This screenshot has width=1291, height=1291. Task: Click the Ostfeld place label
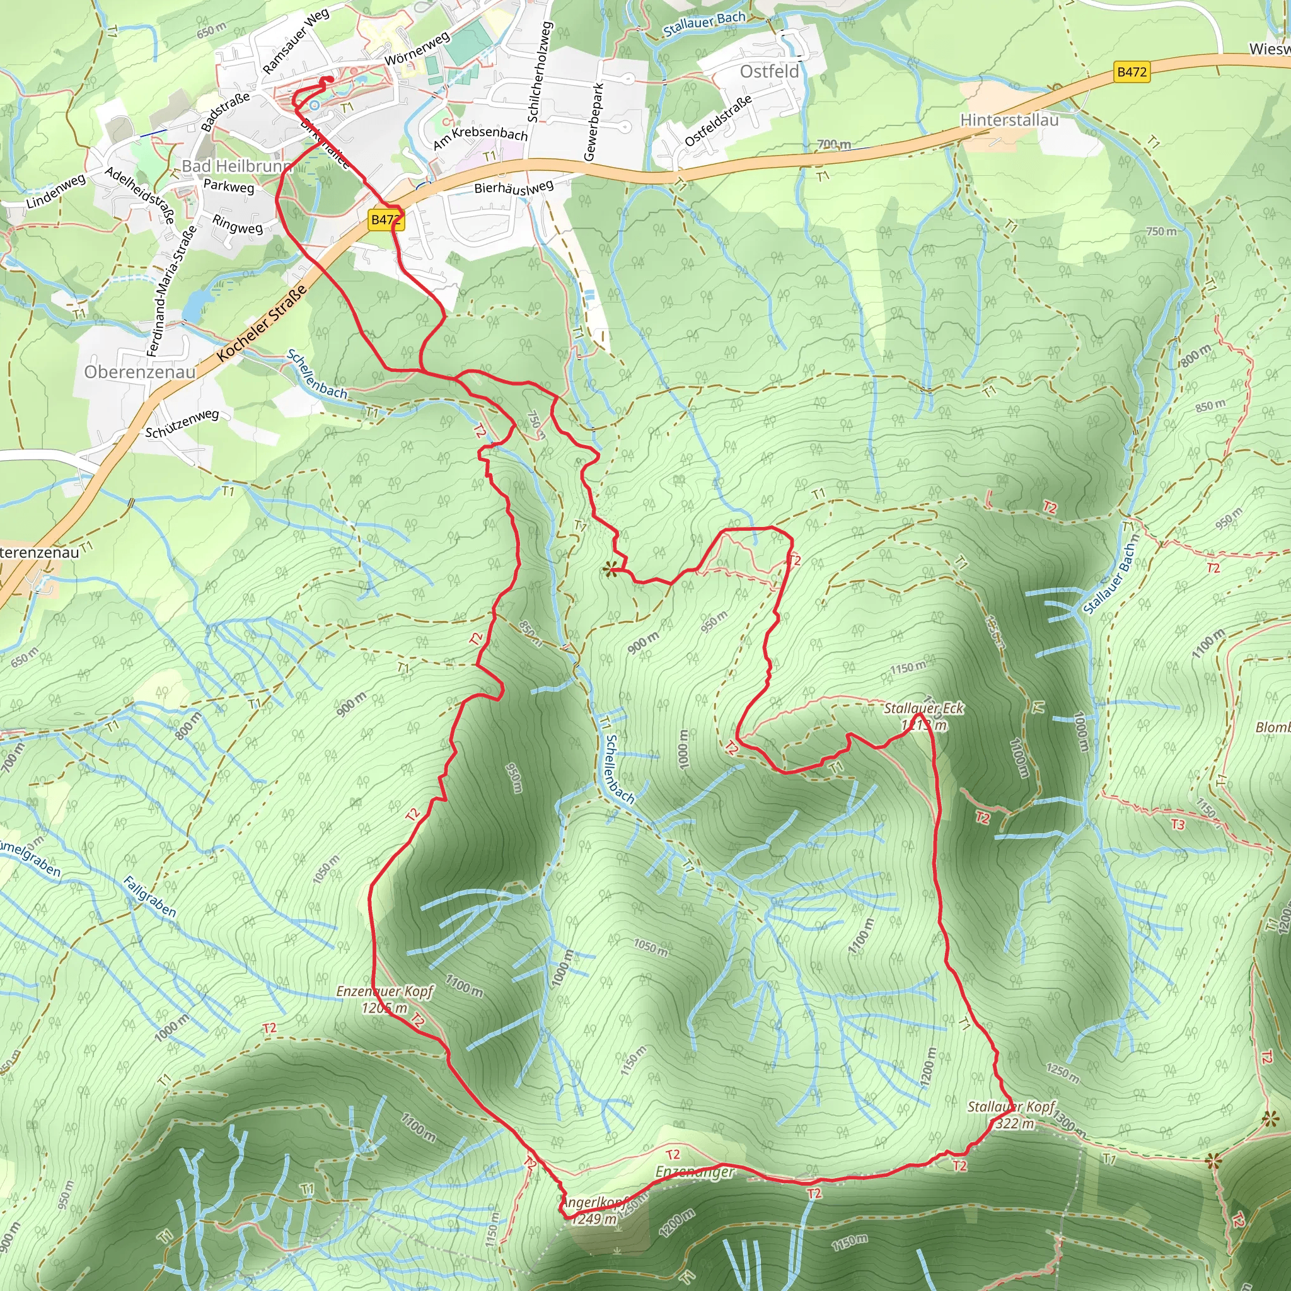tap(769, 71)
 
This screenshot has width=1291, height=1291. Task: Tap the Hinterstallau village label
tap(1009, 120)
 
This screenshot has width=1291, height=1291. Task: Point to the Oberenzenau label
tap(140, 371)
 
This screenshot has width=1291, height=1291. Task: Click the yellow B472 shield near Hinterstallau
tap(1132, 71)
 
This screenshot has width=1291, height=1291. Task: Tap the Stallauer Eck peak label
tap(923, 709)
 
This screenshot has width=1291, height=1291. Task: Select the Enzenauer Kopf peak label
tap(385, 991)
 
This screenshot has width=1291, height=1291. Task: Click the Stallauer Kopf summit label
tap(1011, 1107)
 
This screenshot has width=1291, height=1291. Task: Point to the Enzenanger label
tap(695, 1172)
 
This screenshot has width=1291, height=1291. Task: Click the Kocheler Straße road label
tap(262, 323)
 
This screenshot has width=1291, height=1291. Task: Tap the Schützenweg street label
tap(182, 423)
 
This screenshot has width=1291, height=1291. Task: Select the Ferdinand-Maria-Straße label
tap(171, 291)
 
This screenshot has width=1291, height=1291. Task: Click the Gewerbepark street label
tap(593, 122)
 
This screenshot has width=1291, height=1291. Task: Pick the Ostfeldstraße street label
tap(719, 120)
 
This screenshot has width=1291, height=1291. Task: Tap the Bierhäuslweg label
tap(514, 187)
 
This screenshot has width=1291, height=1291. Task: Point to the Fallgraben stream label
tap(149, 898)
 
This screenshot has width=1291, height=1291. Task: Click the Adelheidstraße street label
tap(141, 194)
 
